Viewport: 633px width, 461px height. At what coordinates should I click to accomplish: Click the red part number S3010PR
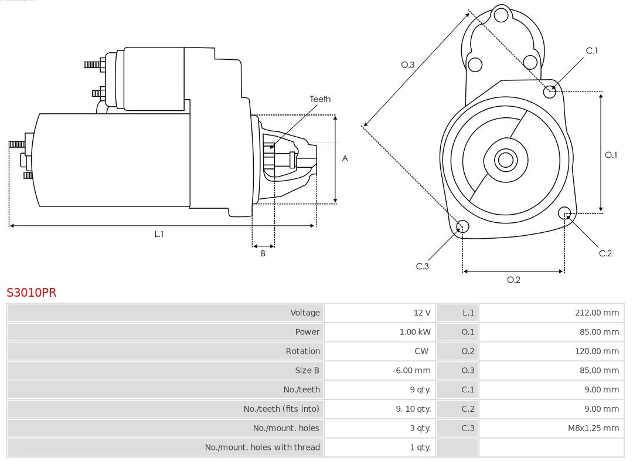coord(32,292)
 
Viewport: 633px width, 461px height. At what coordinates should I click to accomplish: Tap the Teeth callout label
coord(320,99)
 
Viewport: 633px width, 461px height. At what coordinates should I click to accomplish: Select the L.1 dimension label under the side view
coord(159,234)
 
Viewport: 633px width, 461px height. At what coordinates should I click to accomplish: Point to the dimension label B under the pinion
coord(263,253)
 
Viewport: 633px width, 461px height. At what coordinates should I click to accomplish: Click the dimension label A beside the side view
coord(345,158)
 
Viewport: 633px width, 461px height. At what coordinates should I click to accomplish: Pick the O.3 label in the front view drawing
coord(407,65)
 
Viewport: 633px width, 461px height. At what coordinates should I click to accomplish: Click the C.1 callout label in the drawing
coord(592,50)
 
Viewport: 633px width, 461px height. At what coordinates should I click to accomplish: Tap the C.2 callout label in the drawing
coord(605,253)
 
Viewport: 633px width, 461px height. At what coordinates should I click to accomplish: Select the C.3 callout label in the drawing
coord(423,266)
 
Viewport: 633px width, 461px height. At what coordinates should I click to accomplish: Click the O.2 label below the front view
coord(513,280)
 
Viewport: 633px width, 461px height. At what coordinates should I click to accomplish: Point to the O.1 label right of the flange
coord(611,155)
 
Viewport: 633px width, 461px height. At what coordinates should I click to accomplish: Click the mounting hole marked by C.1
coord(550,91)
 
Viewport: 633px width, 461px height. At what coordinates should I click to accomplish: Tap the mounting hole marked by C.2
coord(564,212)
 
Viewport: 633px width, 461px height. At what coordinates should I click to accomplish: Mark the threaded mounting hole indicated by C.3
coord(462,227)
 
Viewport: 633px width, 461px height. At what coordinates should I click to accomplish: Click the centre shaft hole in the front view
coord(505,160)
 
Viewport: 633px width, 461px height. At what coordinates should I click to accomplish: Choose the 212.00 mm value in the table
coord(597,313)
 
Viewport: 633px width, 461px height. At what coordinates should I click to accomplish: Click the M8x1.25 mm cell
coord(593,428)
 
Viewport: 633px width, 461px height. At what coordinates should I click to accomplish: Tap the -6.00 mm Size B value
coord(411,371)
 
